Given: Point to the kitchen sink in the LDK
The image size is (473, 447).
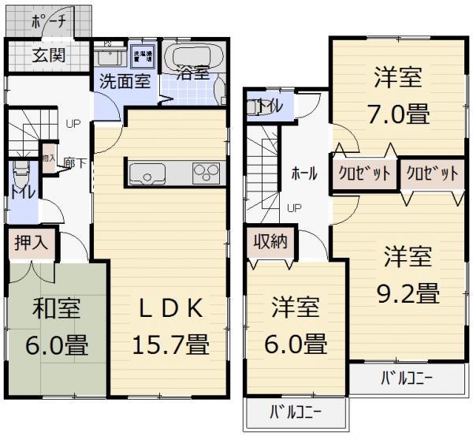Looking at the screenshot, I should point(144,173).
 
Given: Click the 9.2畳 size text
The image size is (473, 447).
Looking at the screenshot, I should point(407,292).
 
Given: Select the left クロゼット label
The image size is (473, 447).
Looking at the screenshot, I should point(364,173).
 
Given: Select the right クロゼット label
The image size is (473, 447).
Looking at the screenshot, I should point(432,173).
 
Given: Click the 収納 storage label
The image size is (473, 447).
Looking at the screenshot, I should point(270,242).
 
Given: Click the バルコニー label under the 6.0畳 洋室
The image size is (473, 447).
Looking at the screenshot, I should point(296,412).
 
